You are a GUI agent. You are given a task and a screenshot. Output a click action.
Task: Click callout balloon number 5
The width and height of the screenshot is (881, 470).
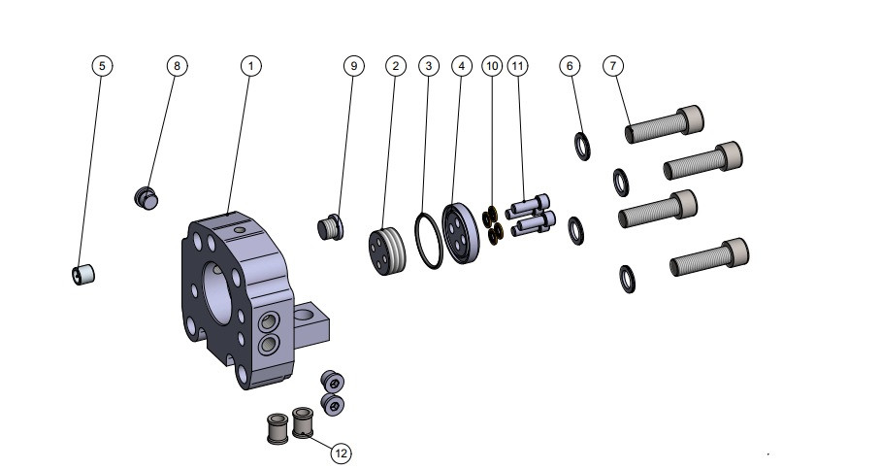[102, 65]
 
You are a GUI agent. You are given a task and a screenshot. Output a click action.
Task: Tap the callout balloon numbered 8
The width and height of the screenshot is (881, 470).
[176, 65]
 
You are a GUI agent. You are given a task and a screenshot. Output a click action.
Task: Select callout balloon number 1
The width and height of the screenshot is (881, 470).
[250, 65]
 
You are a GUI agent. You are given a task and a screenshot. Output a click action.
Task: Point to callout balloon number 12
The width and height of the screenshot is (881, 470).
[341, 453]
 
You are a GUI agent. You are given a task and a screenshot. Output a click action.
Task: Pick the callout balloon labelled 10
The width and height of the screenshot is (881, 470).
[493, 65]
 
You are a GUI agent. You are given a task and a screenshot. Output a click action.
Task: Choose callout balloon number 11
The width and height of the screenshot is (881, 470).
[518, 65]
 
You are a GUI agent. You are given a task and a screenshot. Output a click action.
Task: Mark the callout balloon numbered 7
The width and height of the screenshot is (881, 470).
[612, 65]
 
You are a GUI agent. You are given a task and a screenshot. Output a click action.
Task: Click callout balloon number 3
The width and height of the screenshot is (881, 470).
[428, 65]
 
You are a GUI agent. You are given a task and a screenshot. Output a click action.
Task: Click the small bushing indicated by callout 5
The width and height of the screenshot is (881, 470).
[83, 275]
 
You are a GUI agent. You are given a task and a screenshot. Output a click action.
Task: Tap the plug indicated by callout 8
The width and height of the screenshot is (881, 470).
[146, 198]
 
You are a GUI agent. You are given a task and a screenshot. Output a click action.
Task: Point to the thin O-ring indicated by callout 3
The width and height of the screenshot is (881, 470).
[429, 239]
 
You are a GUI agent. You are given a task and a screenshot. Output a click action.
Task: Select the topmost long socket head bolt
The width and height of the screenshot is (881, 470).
[665, 123]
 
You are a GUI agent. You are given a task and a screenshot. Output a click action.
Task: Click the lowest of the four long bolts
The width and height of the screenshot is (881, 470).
[709, 258]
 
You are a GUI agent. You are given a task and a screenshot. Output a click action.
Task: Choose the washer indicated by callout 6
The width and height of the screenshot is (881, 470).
[583, 147]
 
